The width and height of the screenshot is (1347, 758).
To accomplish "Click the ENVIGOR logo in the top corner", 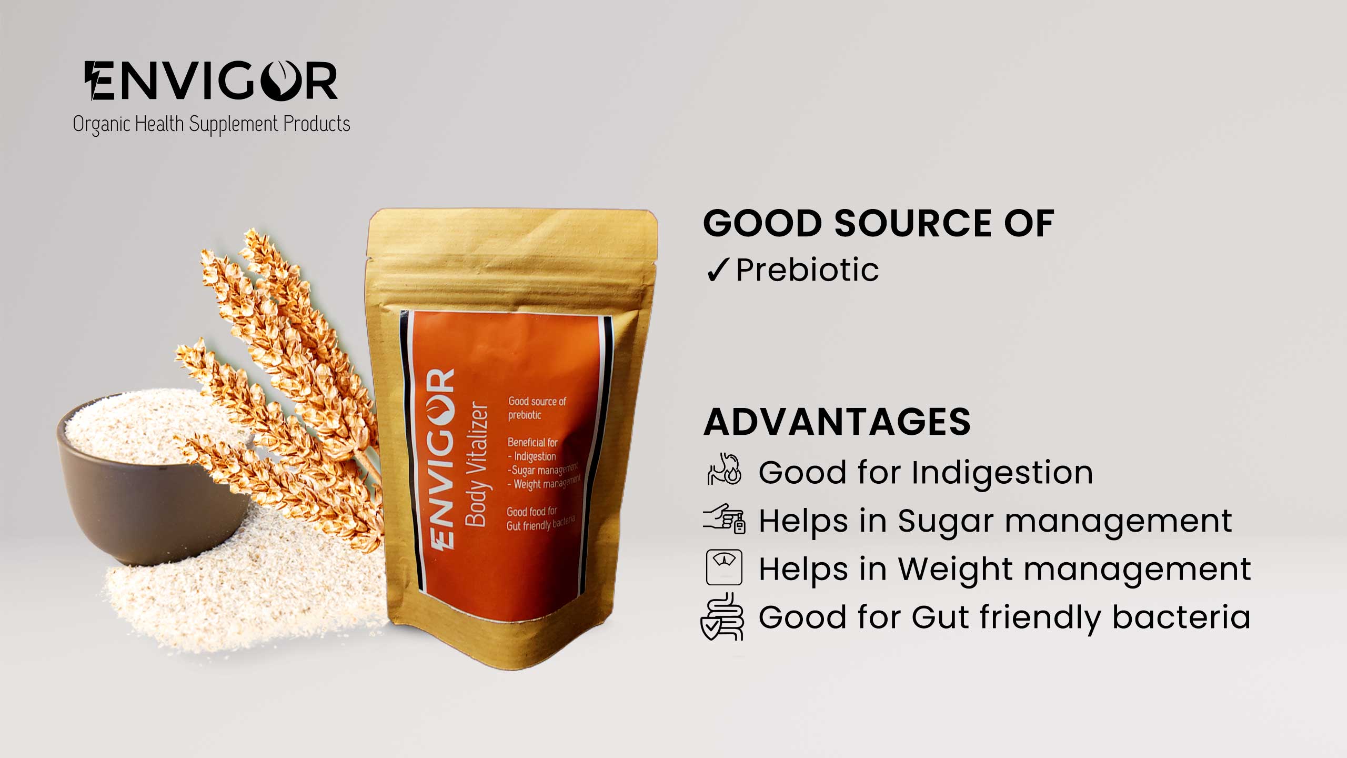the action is click(x=211, y=81).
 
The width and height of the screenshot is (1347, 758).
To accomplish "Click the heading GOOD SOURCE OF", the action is click(x=879, y=223).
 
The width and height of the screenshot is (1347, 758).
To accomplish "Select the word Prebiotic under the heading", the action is click(x=807, y=270).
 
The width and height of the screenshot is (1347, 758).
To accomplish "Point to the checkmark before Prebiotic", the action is click(x=717, y=270).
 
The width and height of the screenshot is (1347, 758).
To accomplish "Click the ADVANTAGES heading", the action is click(x=837, y=422).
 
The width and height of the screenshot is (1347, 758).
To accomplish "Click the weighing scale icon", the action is click(x=724, y=567).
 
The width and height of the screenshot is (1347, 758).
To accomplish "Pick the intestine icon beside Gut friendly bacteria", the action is click(x=722, y=616).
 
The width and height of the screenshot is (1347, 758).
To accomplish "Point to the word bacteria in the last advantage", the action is click(x=1181, y=617).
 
